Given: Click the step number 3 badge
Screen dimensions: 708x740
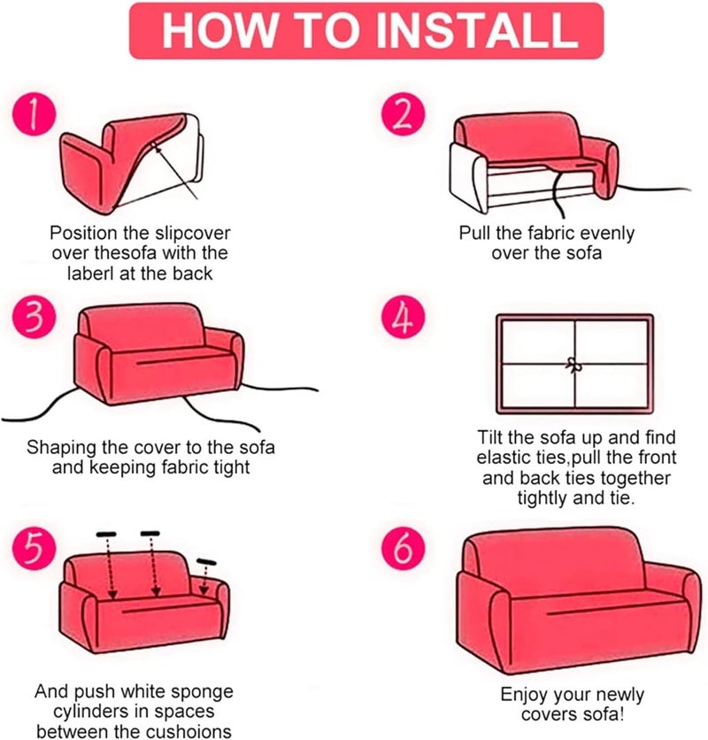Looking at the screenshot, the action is point(34,316).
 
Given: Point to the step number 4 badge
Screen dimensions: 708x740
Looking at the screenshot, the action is point(403,316).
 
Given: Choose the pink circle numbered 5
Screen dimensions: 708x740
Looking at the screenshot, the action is point(34,549).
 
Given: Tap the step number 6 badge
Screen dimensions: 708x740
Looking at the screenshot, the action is point(403,549).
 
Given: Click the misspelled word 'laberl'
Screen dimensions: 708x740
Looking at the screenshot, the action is point(89,274).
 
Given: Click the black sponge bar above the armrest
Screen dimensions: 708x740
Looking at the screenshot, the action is point(206,561).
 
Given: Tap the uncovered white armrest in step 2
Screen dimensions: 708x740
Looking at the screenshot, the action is point(468,177).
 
